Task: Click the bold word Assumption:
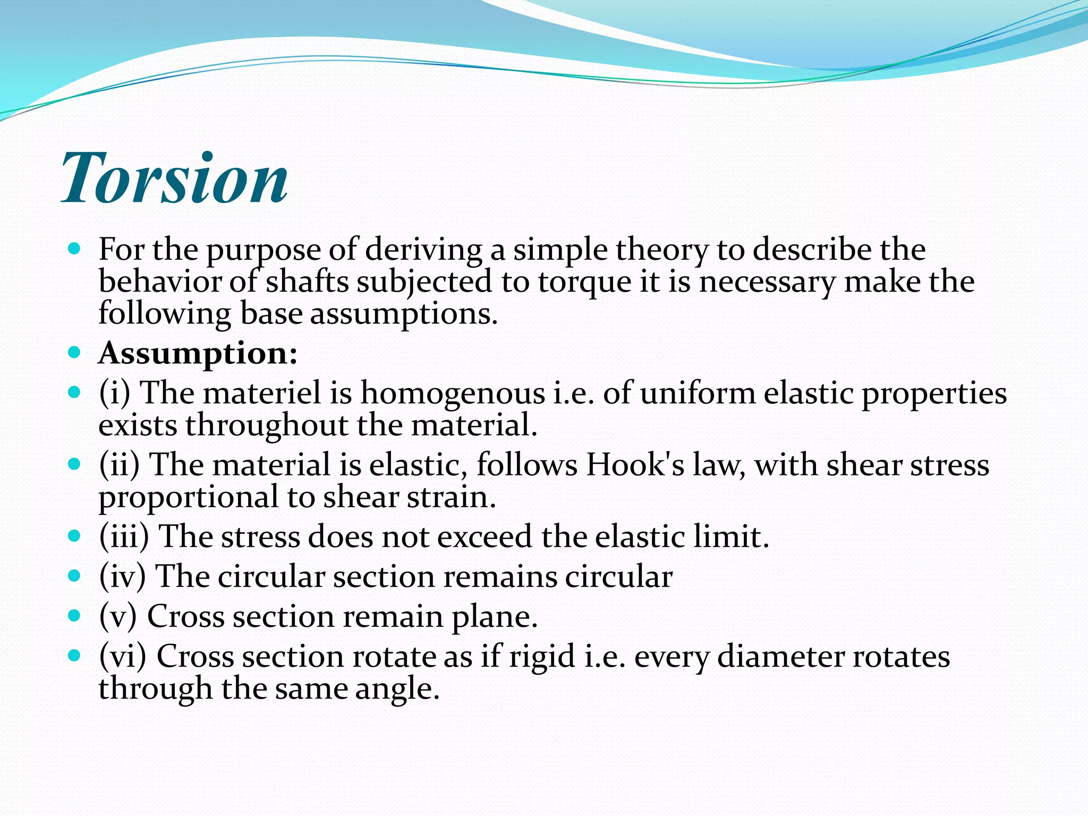point(198,353)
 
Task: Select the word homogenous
point(453,393)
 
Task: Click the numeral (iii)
point(124,537)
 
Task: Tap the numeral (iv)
point(122,576)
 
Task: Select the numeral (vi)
point(122,657)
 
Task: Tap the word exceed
point(484,537)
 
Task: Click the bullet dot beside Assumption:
point(74,352)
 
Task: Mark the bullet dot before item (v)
point(74,616)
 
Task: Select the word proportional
point(189,498)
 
